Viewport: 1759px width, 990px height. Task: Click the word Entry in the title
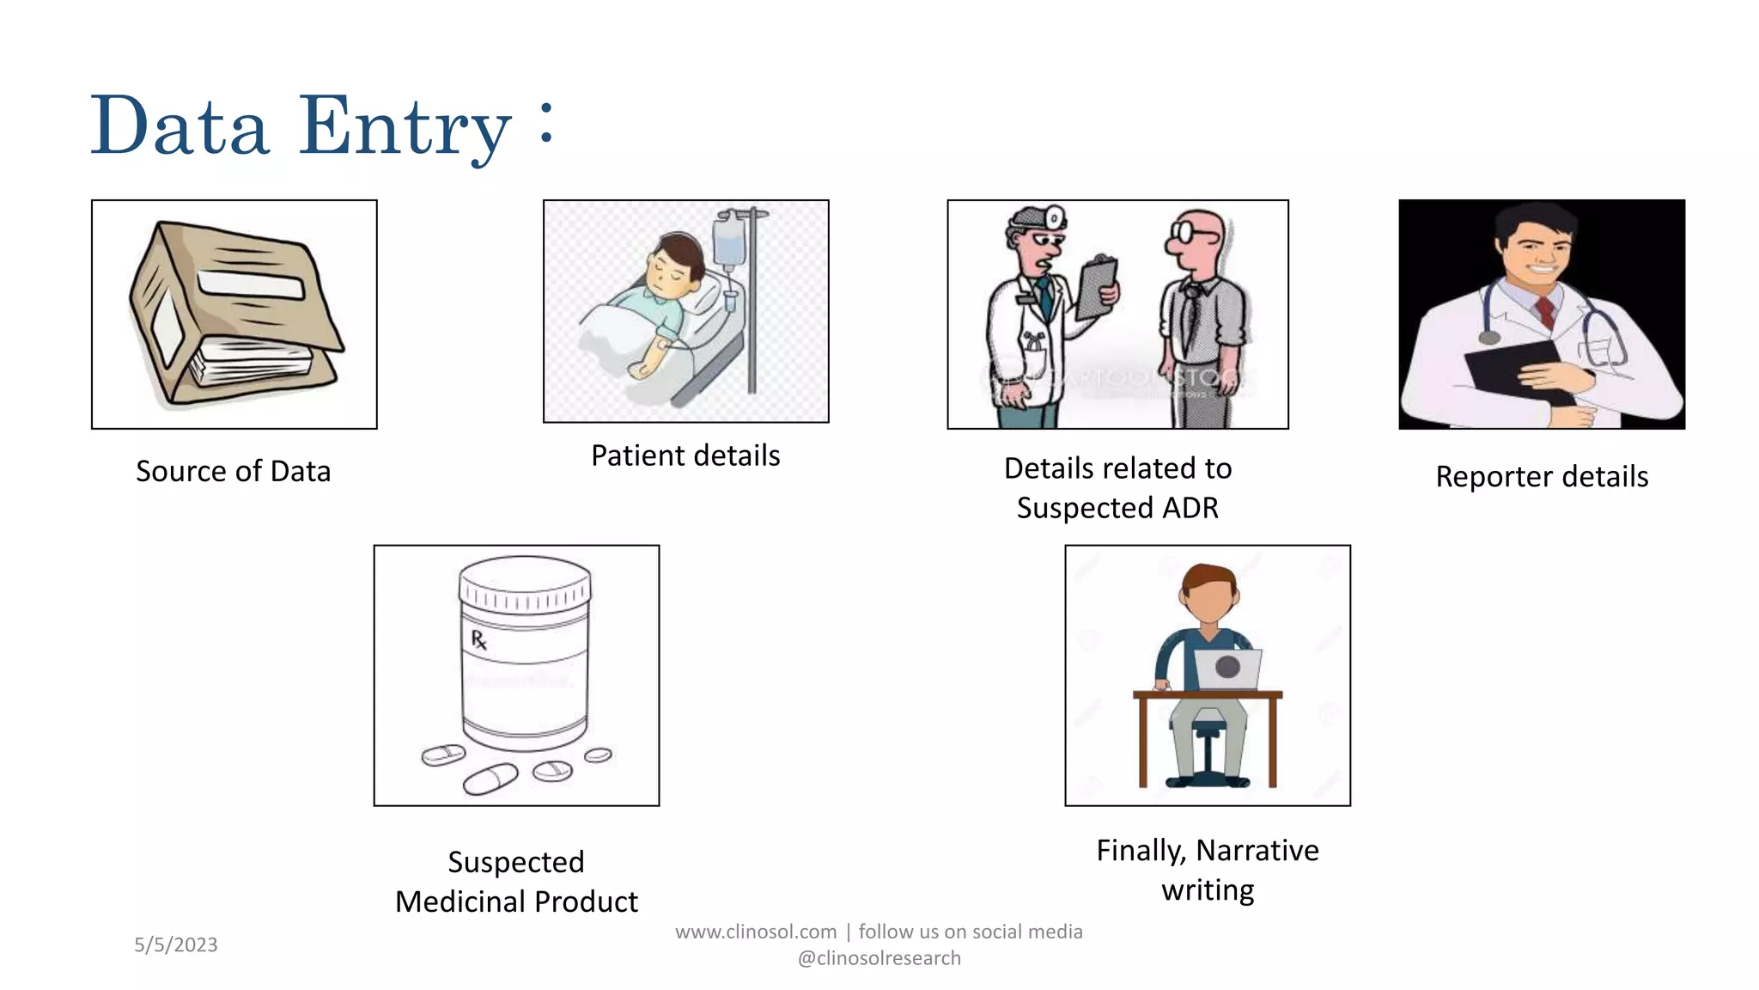pos(404,127)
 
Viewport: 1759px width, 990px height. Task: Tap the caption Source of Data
pos(233,471)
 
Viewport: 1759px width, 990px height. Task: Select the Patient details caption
pos(685,455)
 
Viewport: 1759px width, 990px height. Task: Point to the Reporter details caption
pos(1542,476)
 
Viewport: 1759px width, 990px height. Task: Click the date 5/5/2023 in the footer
pos(176,944)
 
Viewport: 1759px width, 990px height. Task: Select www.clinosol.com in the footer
pos(756,932)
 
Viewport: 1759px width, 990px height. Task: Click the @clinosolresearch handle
pos(879,958)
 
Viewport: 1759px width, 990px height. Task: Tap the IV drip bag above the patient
pos(728,240)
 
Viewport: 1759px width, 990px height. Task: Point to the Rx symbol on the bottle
pos(479,639)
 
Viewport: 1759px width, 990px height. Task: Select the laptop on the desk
pos(1227,669)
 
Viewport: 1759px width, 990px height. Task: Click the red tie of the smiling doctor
pos(1544,311)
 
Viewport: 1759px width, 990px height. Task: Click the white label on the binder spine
pos(251,284)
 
